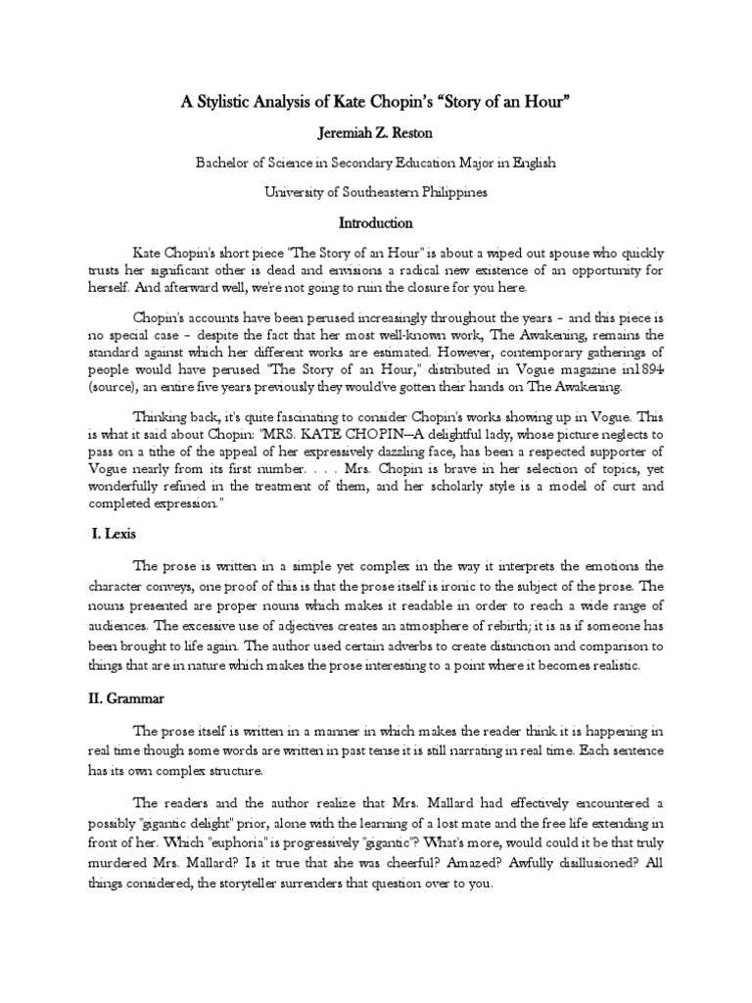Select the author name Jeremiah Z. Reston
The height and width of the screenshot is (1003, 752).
coord(376,132)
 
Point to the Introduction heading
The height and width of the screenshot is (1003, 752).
coord(376,223)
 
